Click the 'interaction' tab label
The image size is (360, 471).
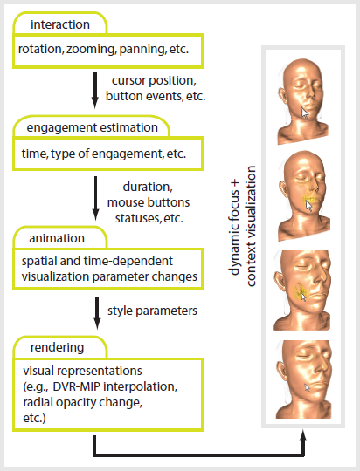[60, 24]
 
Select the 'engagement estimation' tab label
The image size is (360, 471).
[92, 127]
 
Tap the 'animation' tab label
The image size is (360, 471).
[57, 238]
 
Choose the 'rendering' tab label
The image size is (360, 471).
[57, 347]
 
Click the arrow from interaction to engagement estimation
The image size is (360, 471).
[95, 91]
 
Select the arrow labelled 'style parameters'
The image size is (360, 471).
[97, 313]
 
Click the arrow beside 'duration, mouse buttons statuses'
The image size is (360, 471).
[95, 198]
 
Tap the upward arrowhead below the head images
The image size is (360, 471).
[303, 435]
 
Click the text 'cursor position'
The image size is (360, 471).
[154, 80]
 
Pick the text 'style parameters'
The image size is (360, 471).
[152, 311]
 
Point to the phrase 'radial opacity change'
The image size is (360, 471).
[82, 402]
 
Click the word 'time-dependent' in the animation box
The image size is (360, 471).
[128, 261]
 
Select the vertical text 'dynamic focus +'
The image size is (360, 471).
[234, 228]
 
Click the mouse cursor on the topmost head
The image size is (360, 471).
[305, 113]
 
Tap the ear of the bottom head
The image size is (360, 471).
[280, 370]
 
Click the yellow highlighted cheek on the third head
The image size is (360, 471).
[299, 290]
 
